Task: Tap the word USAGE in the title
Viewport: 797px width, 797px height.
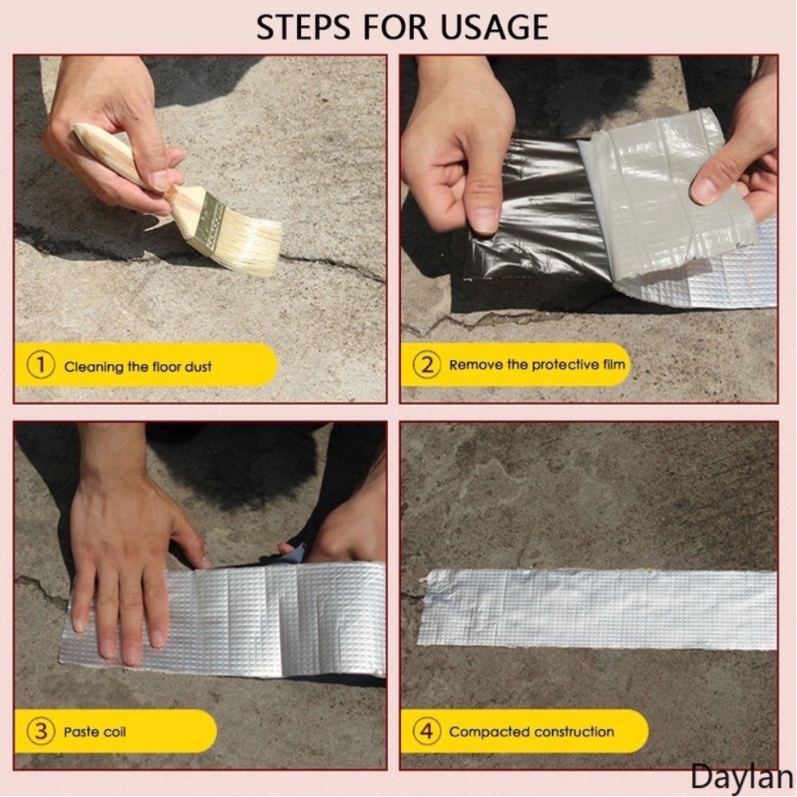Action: click(494, 27)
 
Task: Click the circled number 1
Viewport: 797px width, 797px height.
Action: click(40, 365)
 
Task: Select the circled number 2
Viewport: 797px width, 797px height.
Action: click(427, 365)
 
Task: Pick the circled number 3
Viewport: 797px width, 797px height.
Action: click(40, 732)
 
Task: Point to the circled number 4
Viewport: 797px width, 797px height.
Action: click(427, 732)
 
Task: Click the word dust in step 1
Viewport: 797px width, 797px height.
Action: click(198, 366)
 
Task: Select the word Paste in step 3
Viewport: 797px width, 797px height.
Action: click(80, 732)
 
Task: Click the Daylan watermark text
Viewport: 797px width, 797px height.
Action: click(741, 778)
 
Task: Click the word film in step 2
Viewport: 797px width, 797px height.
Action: click(614, 365)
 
